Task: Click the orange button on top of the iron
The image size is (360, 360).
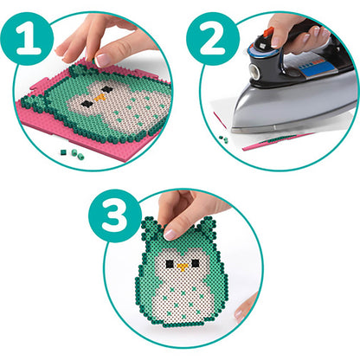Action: (x=269, y=35)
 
